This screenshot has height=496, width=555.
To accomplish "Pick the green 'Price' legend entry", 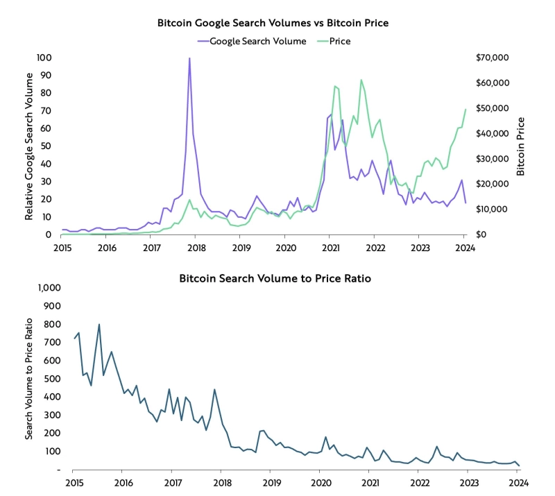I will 340,41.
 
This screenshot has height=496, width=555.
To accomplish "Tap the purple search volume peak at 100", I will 189,58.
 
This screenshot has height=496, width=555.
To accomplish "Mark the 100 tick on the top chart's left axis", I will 44,58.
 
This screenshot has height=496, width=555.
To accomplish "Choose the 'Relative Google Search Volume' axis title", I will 29,146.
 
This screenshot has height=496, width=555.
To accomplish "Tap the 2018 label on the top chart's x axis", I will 196,247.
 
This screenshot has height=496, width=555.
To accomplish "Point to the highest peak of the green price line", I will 361,80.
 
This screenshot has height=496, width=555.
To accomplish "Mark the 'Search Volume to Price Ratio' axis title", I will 29,379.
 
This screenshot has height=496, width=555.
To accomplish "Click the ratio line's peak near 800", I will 99,324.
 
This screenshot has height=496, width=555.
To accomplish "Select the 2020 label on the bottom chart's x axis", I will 320,483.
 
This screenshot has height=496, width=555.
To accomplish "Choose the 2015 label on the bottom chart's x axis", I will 72,483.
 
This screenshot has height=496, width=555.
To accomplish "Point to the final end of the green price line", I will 466,109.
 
